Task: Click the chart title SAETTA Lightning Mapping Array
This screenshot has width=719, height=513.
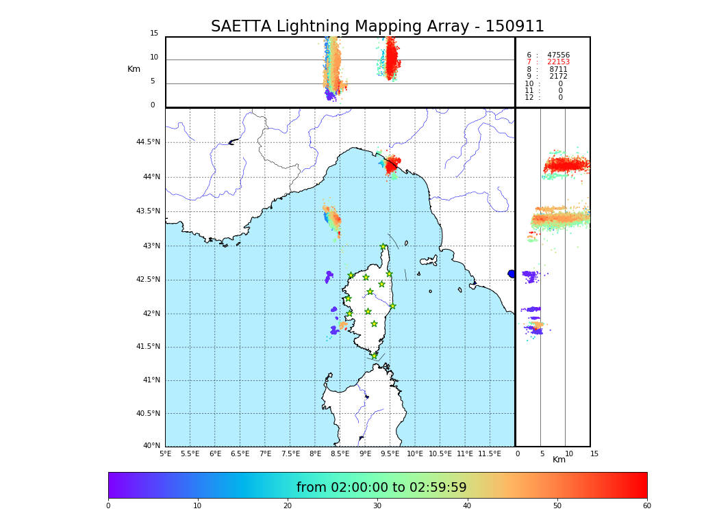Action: click(377, 27)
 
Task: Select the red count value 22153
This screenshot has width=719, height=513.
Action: click(558, 62)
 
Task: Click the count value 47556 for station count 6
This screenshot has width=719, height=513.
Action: click(558, 55)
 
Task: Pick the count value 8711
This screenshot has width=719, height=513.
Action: click(558, 69)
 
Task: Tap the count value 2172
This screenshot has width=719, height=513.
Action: click(558, 77)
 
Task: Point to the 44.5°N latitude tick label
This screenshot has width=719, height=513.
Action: click(148, 142)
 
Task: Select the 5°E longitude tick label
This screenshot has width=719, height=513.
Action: click(166, 453)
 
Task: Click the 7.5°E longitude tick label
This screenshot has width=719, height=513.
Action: click(290, 453)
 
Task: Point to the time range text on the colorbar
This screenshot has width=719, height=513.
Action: click(381, 488)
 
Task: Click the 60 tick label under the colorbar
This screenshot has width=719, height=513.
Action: click(646, 506)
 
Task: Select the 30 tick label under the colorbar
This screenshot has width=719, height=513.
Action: click(377, 506)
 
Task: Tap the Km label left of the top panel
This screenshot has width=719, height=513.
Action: click(134, 69)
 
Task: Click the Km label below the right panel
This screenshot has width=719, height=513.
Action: click(559, 460)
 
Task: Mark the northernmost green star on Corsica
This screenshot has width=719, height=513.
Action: click(383, 247)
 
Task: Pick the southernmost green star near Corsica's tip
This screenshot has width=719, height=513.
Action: click(374, 356)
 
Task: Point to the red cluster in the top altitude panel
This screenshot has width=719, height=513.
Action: click(391, 60)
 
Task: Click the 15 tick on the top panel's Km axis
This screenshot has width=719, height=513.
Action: click(154, 34)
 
